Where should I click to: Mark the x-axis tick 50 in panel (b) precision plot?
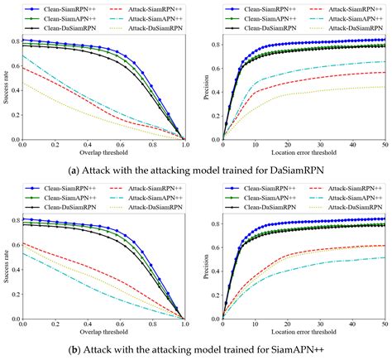[x=385, y=334]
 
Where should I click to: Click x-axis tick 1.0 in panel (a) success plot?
[x=185, y=145]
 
